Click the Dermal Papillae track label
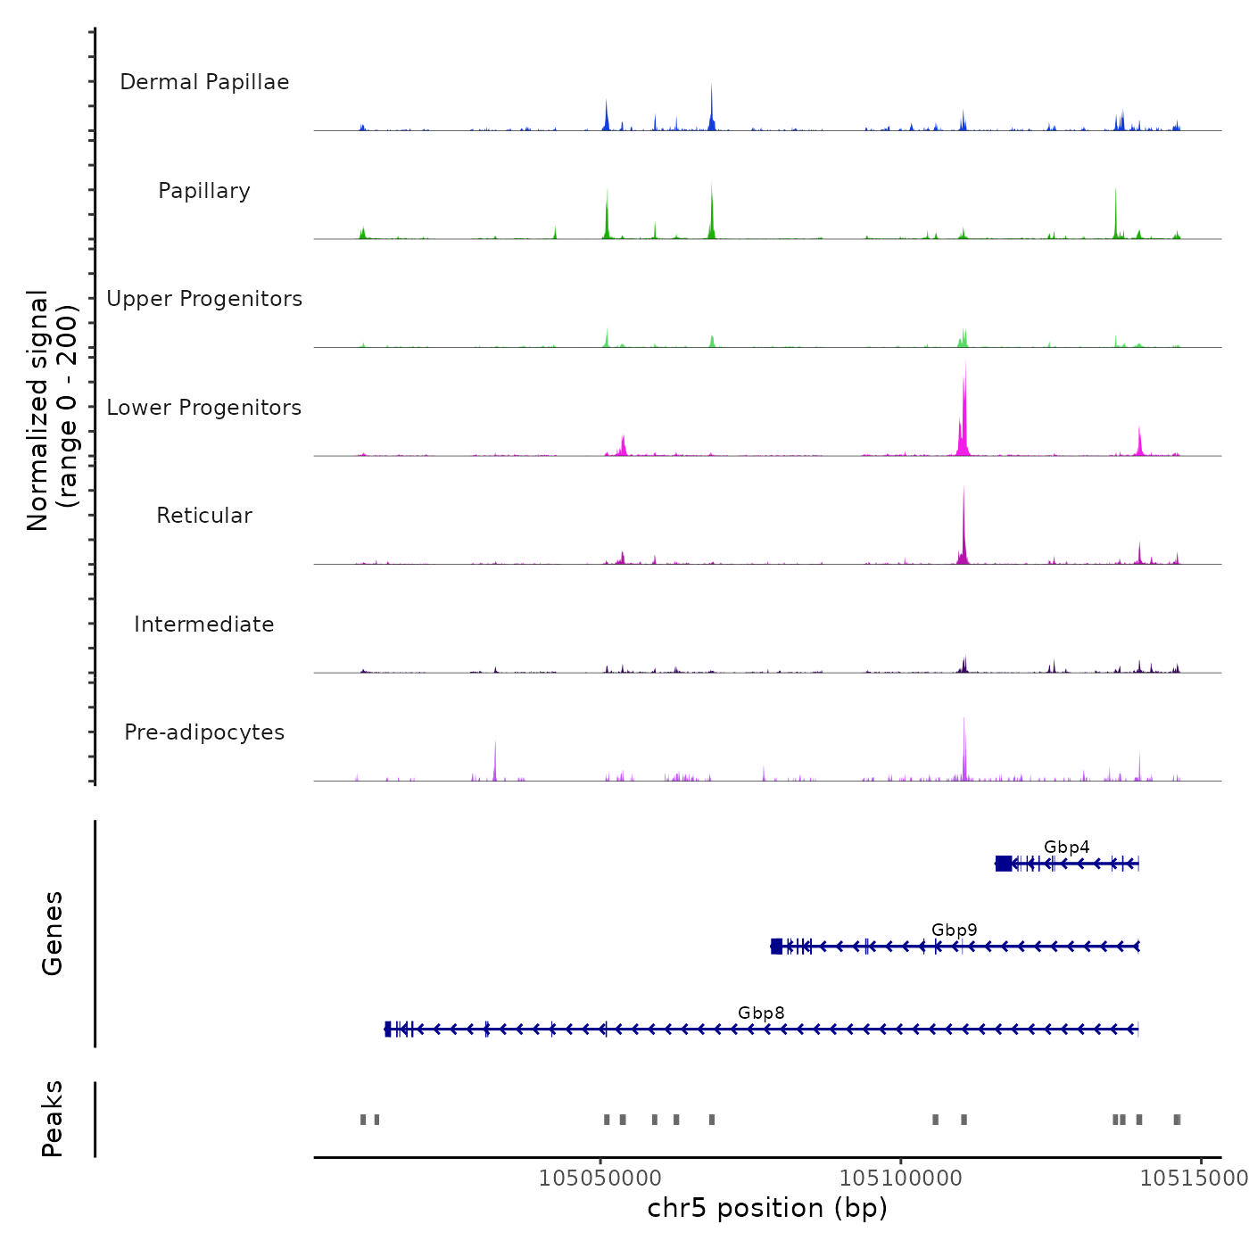204,82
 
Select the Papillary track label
204,191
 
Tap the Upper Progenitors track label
204,299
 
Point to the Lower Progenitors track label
204,408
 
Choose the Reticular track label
204,516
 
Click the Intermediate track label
204,624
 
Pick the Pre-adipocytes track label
204,732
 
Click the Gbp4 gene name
1066,847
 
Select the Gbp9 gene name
954,930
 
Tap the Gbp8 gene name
761,1013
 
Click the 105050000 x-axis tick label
600,1179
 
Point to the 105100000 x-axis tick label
901,1179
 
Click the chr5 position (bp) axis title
767,1208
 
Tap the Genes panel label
53,933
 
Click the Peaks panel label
53,1119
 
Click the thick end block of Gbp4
1004,863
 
